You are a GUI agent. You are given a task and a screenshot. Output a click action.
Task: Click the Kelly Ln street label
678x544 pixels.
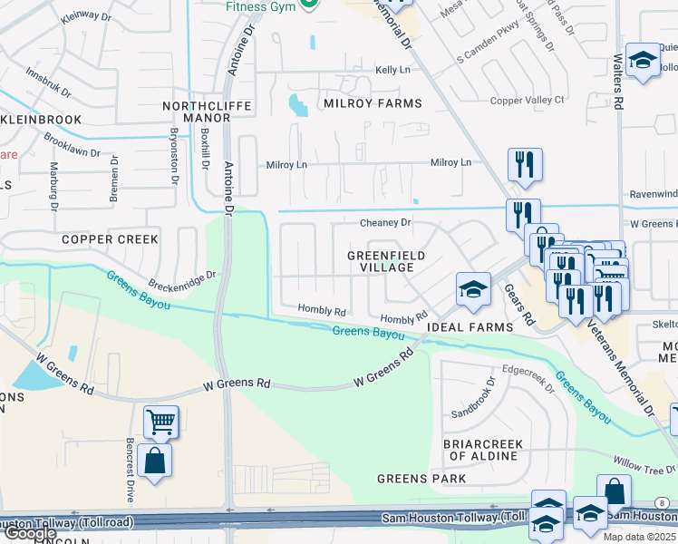pos(392,70)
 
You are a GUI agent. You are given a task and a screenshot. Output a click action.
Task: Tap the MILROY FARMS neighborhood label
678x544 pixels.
pos(373,103)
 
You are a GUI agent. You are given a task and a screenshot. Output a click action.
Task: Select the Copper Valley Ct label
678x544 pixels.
pos(527,100)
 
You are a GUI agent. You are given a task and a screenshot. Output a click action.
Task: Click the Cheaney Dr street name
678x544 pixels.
pos(385,222)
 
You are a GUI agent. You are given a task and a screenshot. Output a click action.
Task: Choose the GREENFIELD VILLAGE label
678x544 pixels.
pos(386,262)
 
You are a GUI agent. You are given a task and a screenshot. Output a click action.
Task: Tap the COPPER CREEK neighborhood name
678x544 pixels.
pos(110,239)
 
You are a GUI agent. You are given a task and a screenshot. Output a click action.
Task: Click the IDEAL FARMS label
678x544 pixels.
pos(470,326)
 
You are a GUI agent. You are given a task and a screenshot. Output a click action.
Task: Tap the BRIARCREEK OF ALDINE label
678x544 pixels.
pos(482,450)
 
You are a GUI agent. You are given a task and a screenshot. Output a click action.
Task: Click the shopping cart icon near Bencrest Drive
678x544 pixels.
pos(160,421)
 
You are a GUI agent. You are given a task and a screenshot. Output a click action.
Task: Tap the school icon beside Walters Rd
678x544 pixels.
pos(643,60)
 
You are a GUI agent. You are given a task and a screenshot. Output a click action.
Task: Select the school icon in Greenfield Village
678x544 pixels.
pos(471,288)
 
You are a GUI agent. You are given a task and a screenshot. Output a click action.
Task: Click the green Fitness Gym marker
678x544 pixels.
pos(308,5)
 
